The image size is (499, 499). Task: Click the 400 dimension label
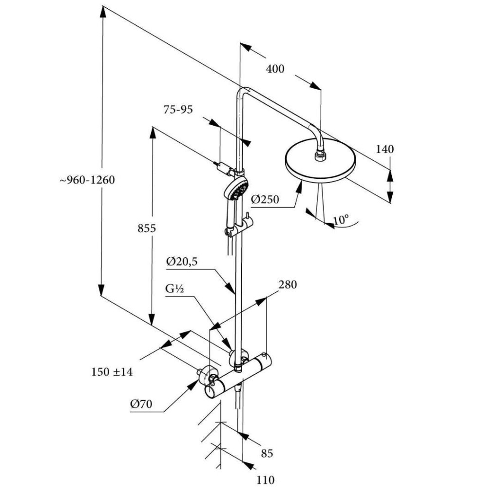click(x=275, y=69)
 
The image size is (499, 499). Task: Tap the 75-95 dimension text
click(x=178, y=110)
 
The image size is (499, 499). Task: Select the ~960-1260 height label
click(x=87, y=180)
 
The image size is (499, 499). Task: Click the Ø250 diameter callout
click(x=265, y=199)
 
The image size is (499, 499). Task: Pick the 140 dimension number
click(x=384, y=149)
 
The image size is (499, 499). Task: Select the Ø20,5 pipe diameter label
click(x=182, y=262)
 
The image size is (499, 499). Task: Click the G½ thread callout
click(x=174, y=289)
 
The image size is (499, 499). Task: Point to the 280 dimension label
click(x=287, y=285)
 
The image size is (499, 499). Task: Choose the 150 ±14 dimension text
click(x=112, y=372)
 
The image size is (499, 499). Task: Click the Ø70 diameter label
click(x=141, y=404)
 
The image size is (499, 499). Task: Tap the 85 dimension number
click(x=267, y=454)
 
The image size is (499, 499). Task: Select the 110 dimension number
click(x=266, y=480)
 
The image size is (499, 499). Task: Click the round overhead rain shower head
click(x=321, y=166)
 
